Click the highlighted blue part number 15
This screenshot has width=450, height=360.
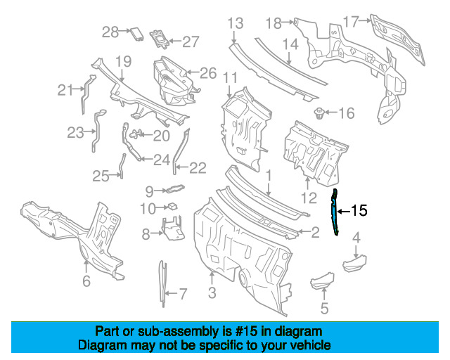point(335,212)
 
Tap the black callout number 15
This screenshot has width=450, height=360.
point(359,211)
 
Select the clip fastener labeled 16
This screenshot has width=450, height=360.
point(319,113)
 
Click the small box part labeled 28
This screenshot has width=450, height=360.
point(137,34)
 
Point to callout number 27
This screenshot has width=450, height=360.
point(191,42)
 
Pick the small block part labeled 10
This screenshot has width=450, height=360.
point(172,206)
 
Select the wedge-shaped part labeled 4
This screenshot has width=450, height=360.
point(355,264)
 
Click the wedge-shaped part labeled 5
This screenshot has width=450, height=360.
point(323,281)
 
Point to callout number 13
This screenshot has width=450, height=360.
point(236,23)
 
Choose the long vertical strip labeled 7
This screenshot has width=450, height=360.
point(162,283)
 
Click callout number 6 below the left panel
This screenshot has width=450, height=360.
point(86,281)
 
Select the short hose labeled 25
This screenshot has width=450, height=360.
point(122,166)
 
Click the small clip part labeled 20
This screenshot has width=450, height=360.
point(136,134)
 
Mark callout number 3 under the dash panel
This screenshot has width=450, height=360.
point(212,292)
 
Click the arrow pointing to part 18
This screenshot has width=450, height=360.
point(288,22)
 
